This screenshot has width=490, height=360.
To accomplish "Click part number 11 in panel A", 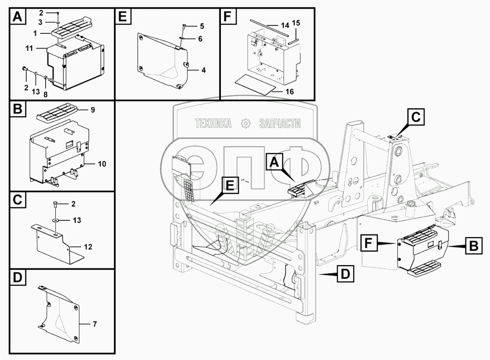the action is point(29,49).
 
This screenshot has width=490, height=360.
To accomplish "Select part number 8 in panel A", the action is point(46,94).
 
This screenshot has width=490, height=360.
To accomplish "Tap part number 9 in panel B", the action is point(92,110).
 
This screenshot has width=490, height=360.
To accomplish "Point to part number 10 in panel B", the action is point(102,164).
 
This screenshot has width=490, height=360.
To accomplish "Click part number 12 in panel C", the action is point(88,247).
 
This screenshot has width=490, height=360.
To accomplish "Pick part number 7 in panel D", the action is point(95,324).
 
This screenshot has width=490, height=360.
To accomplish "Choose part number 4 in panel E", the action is point(203,70).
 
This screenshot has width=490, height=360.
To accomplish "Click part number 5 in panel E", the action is point(202,26).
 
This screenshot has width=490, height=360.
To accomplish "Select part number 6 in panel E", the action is point(200,39).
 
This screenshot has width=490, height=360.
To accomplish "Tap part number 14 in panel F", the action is point(285,25).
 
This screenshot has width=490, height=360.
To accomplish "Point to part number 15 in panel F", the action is point(296,23).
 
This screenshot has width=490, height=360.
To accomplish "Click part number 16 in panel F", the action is point(290,92).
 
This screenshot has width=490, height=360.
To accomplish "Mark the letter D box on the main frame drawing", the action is point(345,274).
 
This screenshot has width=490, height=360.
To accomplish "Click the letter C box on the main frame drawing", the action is point(416,117).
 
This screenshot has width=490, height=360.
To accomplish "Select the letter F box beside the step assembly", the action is point(369,243).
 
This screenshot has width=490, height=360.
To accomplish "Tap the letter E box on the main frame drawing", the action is point(229,186).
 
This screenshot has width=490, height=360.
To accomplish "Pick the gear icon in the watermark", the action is point(246,124).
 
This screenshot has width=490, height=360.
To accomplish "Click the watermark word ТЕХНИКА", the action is point(213,124).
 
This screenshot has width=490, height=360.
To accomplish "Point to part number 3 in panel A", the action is point(40,22).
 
